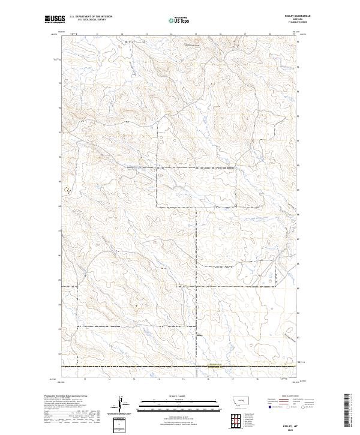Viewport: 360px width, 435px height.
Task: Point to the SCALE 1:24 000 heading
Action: pyautogui.click(x=173, y=395)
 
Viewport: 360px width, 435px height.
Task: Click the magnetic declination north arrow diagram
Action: pyautogui.click(x=123, y=404)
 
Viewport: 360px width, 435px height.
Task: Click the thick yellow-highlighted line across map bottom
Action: pyautogui.click(x=180, y=365)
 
